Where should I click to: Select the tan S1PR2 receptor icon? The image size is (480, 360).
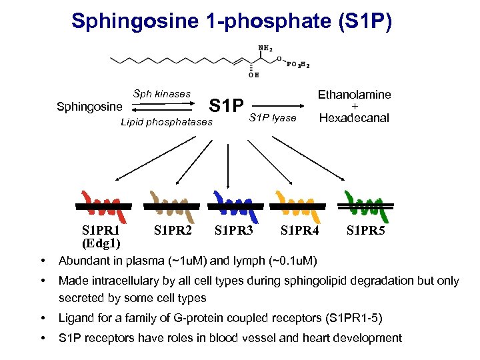(173, 206)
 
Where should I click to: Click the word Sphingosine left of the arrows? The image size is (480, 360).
(89, 107)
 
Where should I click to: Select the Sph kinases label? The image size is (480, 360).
(161, 94)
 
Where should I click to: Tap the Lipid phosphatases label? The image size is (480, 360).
(167, 122)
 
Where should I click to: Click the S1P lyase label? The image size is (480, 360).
(272, 118)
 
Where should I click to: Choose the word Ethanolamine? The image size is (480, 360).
(354, 95)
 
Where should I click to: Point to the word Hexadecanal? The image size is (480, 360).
(354, 118)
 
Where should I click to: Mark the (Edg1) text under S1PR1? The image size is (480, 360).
(101, 243)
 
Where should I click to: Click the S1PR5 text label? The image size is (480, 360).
(365, 231)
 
